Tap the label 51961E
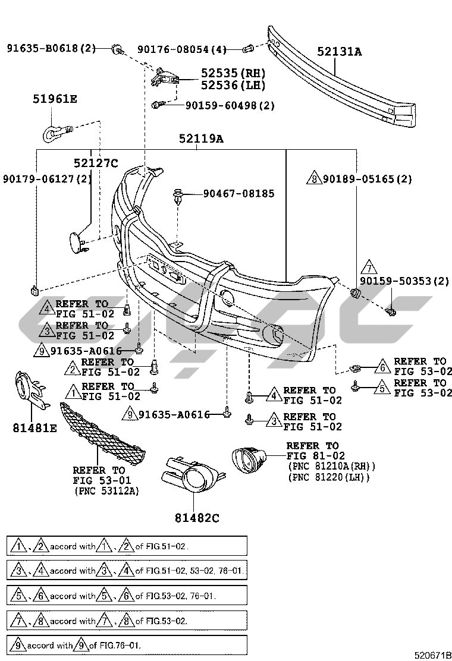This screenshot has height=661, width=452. [55, 99]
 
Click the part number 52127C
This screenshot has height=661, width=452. [96, 163]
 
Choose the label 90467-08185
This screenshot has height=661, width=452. [238, 193]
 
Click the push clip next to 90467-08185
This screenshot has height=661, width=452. [178, 196]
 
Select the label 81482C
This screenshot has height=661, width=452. [197, 518]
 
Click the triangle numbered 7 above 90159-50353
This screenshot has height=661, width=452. [368, 267]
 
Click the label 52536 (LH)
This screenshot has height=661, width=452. [233, 85]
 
